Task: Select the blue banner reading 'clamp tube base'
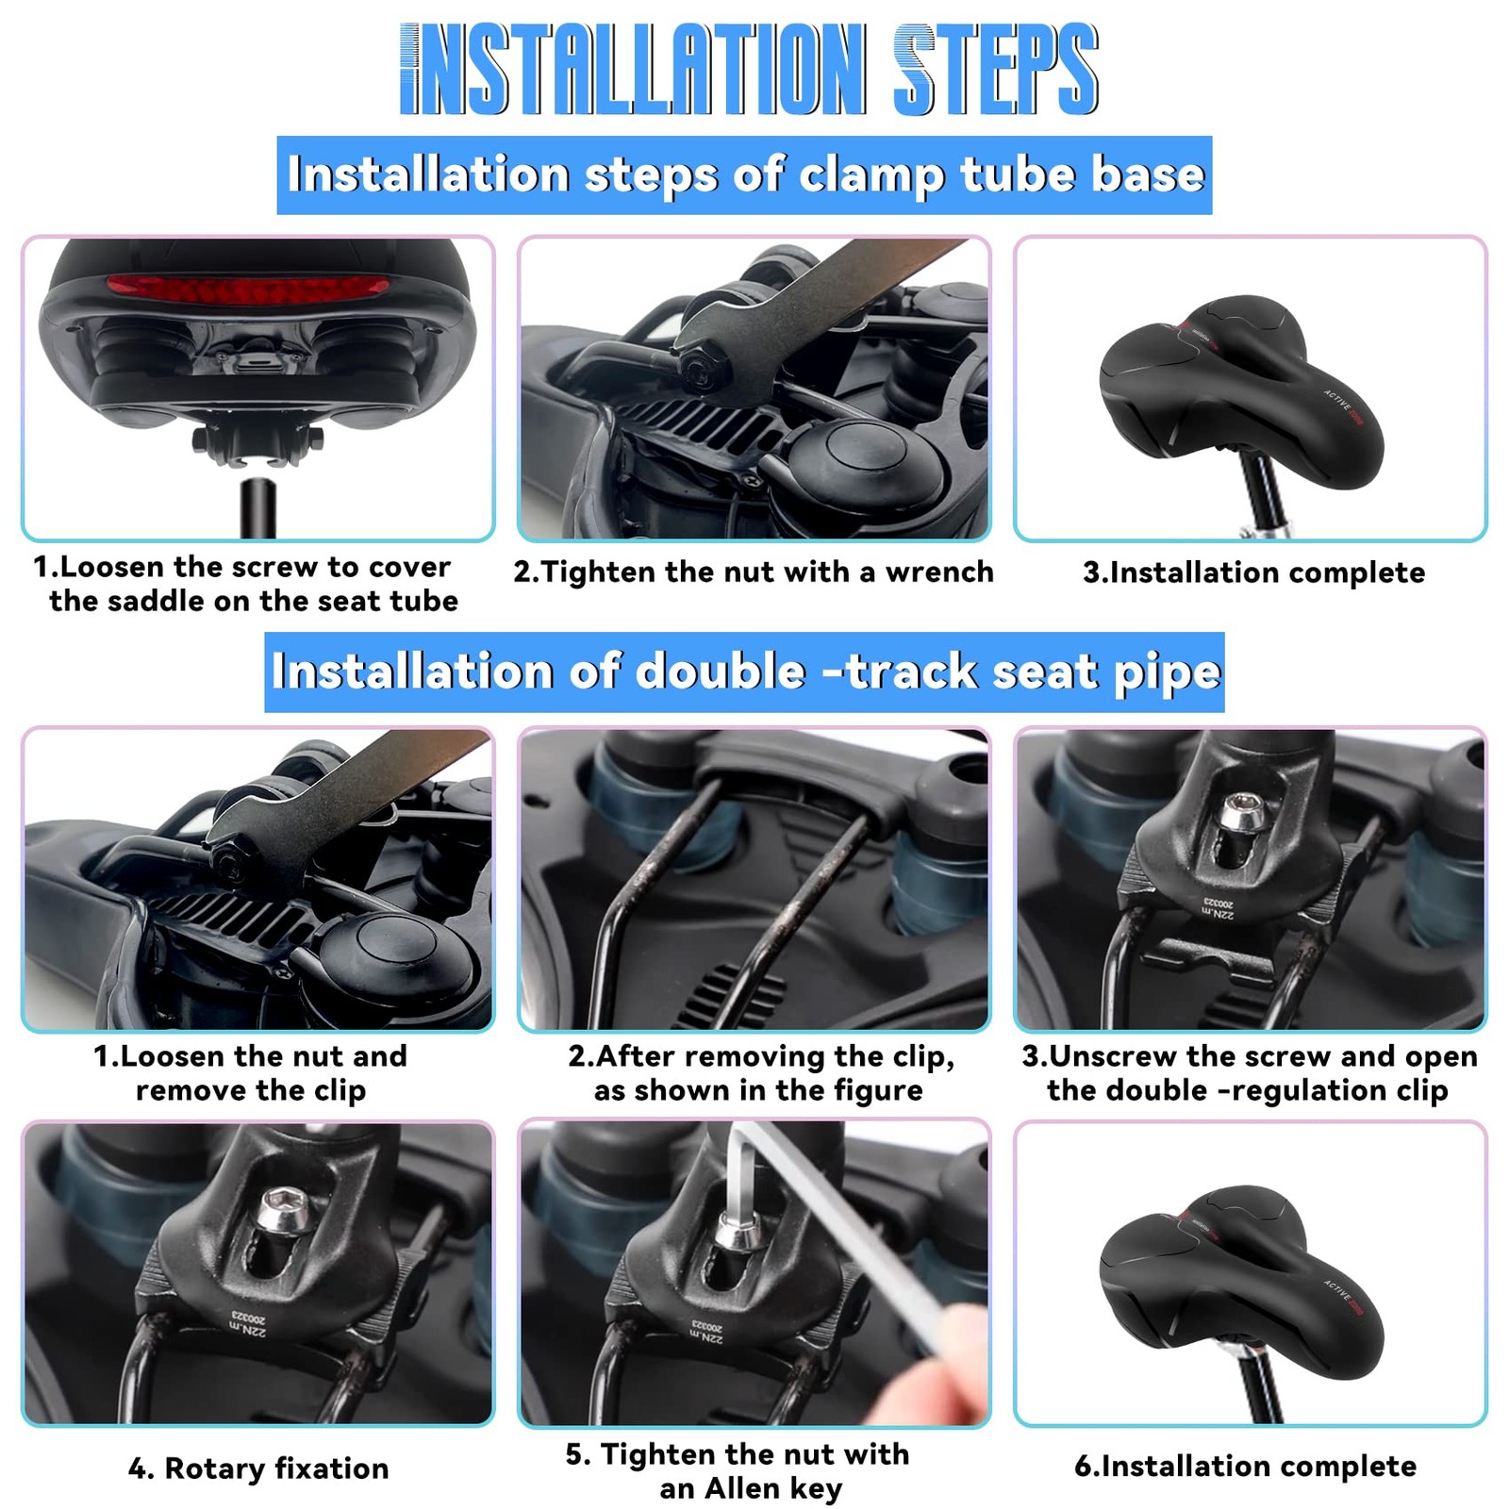744,175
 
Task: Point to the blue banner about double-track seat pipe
744,672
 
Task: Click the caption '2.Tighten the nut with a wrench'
754,572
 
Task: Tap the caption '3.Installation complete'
1253,572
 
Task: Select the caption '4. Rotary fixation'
258,1468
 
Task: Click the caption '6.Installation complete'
1245,1467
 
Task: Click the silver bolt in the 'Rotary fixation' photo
277,1210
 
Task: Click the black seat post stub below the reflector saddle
257,509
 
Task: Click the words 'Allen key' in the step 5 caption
751,1489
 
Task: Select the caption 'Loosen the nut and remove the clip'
250,1073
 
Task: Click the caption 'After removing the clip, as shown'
760,1073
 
